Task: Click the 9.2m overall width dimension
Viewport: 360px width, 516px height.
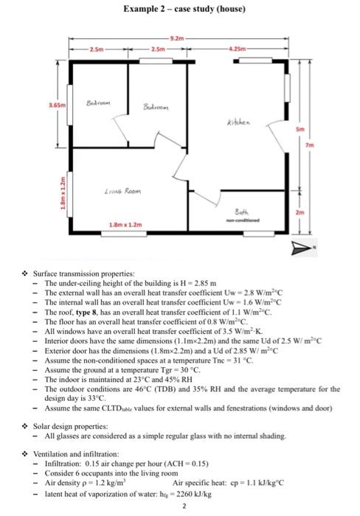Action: [x=178, y=38]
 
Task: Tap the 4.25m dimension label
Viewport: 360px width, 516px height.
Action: [x=238, y=49]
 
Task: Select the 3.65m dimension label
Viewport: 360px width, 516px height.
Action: [x=58, y=105]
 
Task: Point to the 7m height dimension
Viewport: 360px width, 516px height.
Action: [x=310, y=144]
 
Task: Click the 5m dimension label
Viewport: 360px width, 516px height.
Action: [x=300, y=129]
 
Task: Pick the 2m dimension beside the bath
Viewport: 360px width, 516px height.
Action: [x=300, y=212]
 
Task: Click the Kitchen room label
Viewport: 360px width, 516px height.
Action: [x=238, y=122]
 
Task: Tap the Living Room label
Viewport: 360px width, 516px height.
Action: [x=123, y=191]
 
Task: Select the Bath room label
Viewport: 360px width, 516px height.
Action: [x=242, y=212]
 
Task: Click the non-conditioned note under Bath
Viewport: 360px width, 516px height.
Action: [x=243, y=220]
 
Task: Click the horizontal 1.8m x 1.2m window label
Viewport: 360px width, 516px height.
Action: [x=125, y=225]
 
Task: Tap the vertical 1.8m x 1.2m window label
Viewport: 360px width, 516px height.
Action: [x=62, y=193]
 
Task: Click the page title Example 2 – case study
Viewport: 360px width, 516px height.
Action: [x=184, y=9]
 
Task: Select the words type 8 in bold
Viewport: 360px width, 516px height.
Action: [x=86, y=312]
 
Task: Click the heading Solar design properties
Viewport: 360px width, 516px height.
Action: [x=71, y=427]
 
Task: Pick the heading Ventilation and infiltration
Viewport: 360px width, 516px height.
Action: [x=76, y=454]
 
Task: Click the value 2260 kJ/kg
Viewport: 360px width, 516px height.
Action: [x=194, y=494]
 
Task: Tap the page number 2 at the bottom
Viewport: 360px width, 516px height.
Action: [x=184, y=506]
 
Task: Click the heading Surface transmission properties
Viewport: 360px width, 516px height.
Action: [x=84, y=273]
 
